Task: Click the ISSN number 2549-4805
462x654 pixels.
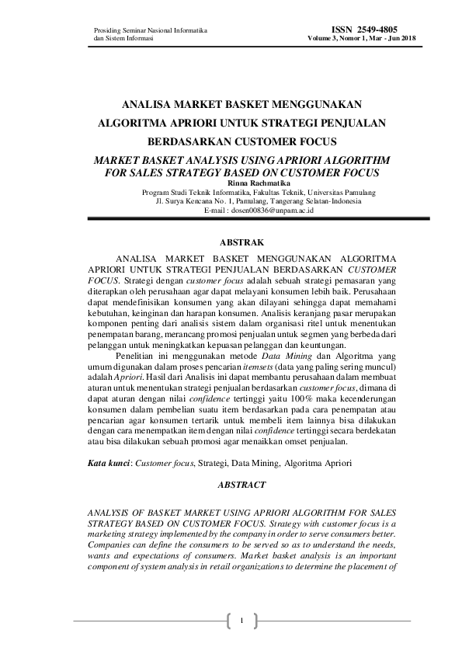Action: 363,29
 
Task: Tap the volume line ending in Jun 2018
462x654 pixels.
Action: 363,38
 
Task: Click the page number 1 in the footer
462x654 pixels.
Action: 242,620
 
